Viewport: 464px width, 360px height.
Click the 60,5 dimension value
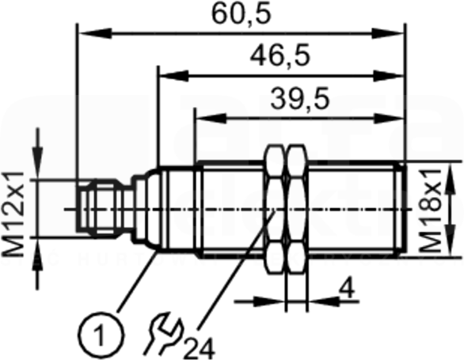pyautogui.click(x=242, y=14)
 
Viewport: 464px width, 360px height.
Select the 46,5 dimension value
pyautogui.click(x=280, y=55)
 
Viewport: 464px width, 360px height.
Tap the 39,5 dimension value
pyautogui.click(x=299, y=98)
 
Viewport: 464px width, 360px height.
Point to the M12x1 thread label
pyautogui.click(x=13, y=214)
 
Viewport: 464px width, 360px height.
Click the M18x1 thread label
pyautogui.click(x=430, y=210)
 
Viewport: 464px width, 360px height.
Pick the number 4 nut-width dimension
pyautogui.click(x=348, y=289)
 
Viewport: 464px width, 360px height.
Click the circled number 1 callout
pyautogui.click(x=101, y=335)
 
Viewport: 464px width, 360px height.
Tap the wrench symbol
pyautogui.click(x=163, y=333)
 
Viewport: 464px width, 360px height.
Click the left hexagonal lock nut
pyautogui.click(x=276, y=209)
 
